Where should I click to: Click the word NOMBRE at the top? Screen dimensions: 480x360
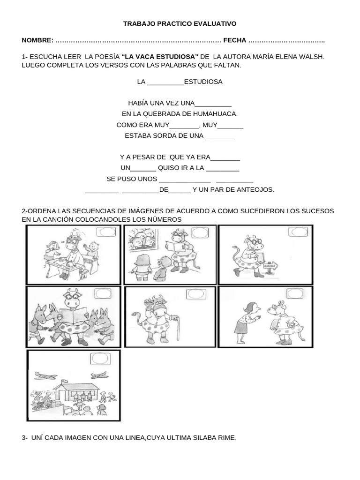37,41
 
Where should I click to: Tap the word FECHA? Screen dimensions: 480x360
234,41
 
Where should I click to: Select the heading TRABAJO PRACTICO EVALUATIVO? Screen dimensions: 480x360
180,23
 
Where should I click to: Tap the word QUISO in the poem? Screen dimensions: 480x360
169,168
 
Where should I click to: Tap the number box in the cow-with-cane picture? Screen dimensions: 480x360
196,294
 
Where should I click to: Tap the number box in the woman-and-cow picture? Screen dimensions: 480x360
295,294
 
